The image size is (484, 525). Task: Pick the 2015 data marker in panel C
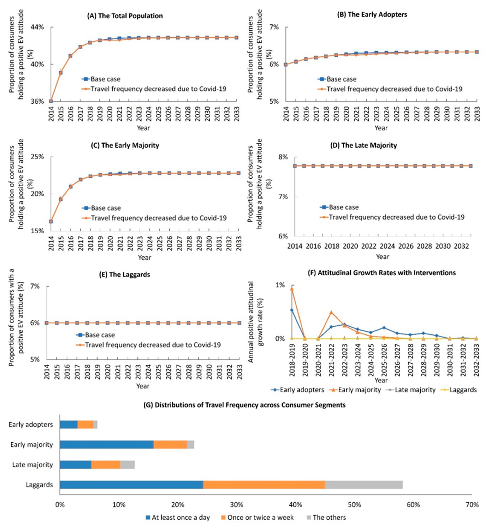[61, 199]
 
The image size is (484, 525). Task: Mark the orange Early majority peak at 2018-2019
[291, 289]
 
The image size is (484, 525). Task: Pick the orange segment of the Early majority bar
[170, 444]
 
